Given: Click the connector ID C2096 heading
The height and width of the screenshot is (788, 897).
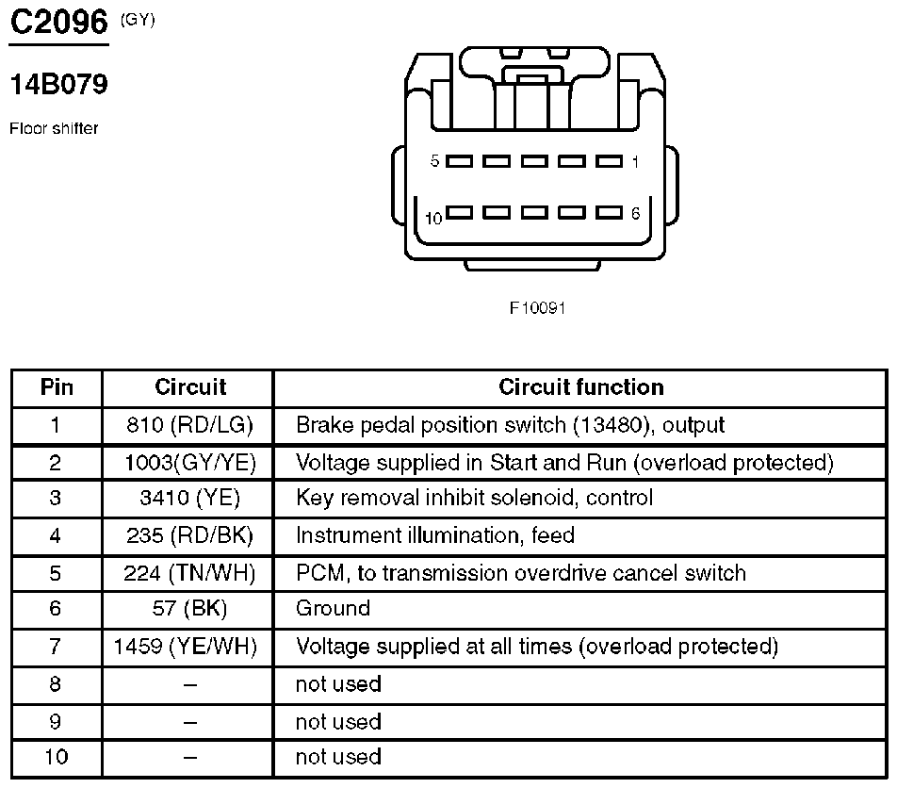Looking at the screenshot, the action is pyautogui.click(x=59, y=23).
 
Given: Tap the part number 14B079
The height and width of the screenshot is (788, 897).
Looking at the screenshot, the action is pyautogui.click(x=59, y=84).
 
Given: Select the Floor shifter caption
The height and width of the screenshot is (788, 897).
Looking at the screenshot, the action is pyautogui.click(x=54, y=128).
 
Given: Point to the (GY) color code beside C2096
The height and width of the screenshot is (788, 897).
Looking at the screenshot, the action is pyautogui.click(x=138, y=20).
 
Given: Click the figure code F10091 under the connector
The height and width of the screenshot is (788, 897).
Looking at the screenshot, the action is pyautogui.click(x=537, y=308).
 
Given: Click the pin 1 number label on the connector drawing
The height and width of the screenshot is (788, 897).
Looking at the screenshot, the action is pyautogui.click(x=635, y=162).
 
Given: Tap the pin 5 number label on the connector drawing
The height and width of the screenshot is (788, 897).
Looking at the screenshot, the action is pyautogui.click(x=434, y=161).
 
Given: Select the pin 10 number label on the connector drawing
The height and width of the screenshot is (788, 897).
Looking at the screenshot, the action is pyautogui.click(x=433, y=218).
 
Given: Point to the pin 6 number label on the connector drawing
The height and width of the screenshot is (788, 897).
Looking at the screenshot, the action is pyautogui.click(x=636, y=213).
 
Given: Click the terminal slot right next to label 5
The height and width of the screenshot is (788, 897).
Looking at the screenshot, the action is pyautogui.click(x=460, y=161).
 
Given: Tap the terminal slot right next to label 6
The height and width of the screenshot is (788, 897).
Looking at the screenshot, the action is pyautogui.click(x=609, y=212).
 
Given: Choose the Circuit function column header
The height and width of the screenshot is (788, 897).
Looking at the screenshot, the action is pyautogui.click(x=581, y=387).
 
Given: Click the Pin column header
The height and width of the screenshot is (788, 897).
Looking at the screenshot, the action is pyautogui.click(x=57, y=387).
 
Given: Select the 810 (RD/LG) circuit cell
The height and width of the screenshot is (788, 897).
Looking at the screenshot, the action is pyautogui.click(x=189, y=425).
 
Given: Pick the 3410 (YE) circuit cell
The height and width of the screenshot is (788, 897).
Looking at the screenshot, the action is pyautogui.click(x=189, y=498).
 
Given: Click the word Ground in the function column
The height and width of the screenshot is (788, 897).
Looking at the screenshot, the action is pyautogui.click(x=333, y=608).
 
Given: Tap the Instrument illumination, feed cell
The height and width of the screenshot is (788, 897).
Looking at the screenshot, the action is pyautogui.click(x=434, y=535).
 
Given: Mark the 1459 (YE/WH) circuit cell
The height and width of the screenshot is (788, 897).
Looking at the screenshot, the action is pyautogui.click(x=186, y=647).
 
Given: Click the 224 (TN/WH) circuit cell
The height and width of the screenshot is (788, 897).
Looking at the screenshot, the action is pyautogui.click(x=189, y=573).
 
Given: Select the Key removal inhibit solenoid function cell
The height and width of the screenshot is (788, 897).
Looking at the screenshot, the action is pyautogui.click(x=474, y=498).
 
